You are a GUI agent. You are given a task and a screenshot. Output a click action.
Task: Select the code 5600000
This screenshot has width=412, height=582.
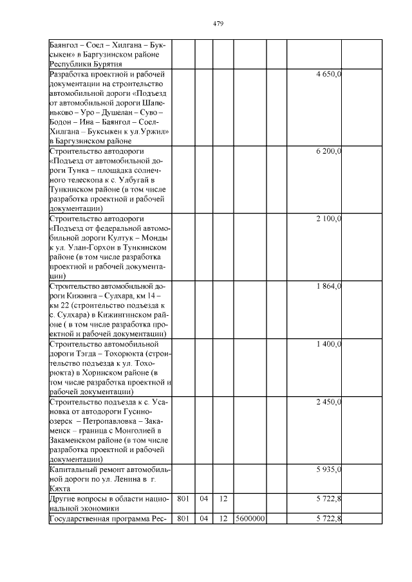(249, 518)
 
